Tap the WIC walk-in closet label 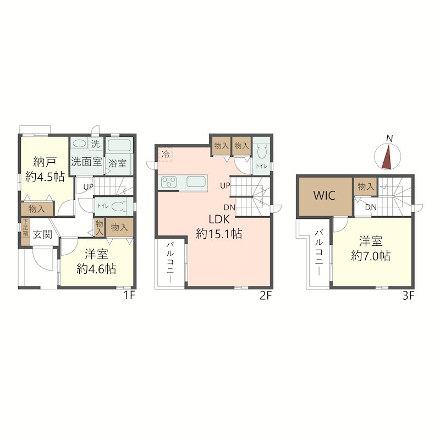324,195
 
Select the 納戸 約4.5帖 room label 45,169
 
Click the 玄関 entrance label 43,234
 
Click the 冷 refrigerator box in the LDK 166,155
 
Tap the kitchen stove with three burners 169,182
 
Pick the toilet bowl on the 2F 262,152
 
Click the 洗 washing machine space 96,144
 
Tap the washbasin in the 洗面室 80,144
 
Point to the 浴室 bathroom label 118,163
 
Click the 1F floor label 129,295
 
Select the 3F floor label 408,296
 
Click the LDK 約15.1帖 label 219,227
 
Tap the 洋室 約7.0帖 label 371,249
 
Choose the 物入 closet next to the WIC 366,186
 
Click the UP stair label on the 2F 226,185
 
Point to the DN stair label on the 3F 371,207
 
